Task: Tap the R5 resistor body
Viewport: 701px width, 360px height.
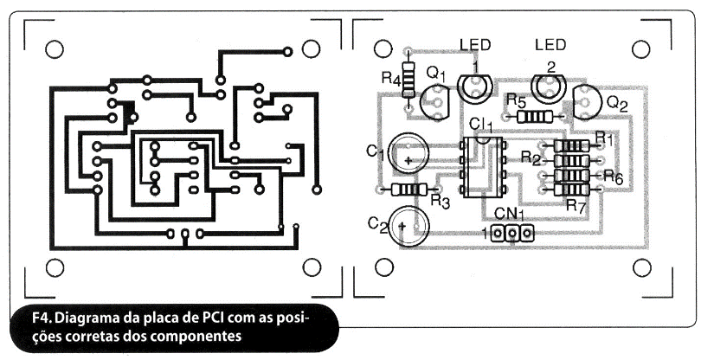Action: (x=533, y=117)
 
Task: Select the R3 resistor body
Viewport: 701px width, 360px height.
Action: (x=409, y=190)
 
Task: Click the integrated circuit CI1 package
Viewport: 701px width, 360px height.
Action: (x=482, y=167)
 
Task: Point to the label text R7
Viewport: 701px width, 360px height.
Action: (x=576, y=205)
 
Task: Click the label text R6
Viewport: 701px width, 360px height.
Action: (x=613, y=177)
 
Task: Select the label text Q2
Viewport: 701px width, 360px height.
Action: (x=617, y=105)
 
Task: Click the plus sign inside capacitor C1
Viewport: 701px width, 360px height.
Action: (x=408, y=160)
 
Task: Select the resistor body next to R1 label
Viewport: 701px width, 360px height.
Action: (x=572, y=145)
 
